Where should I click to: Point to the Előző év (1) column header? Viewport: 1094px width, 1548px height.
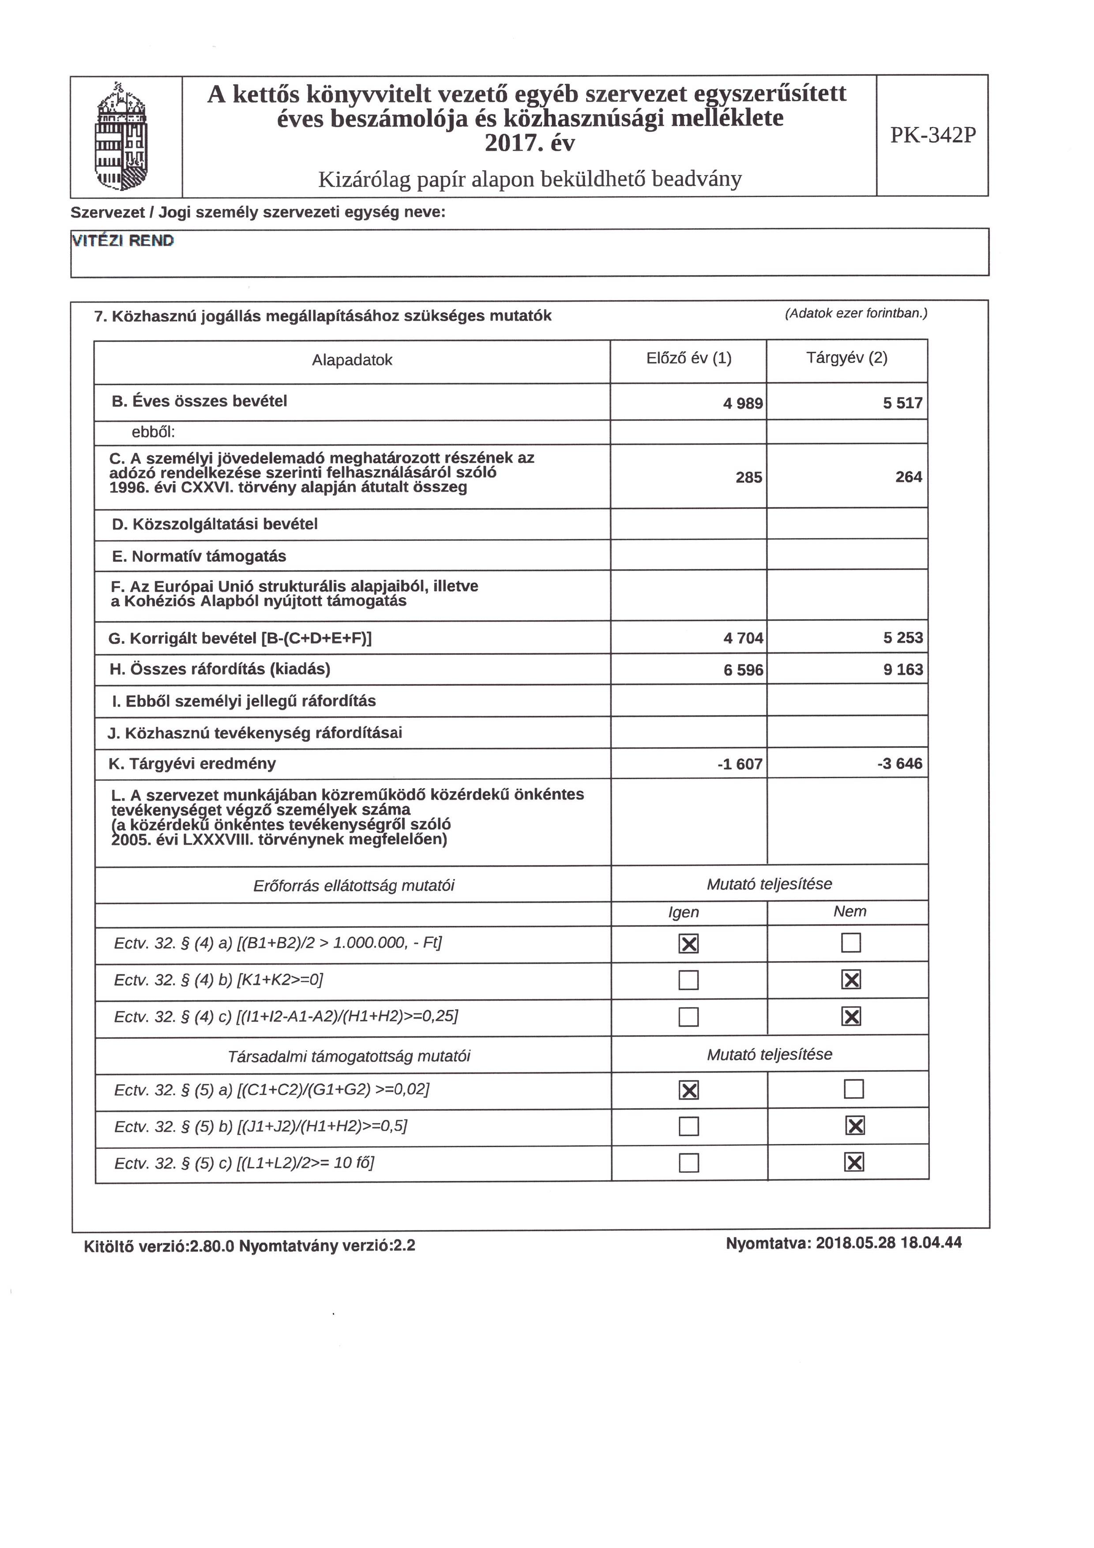tap(688, 358)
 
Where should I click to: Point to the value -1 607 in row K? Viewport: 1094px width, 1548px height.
tap(740, 764)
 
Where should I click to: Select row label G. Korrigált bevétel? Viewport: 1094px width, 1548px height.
tap(240, 638)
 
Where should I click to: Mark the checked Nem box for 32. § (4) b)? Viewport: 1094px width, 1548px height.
tap(851, 980)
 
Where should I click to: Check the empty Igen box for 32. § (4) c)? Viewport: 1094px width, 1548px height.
tap(688, 1017)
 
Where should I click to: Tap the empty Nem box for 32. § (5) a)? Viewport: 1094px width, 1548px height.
tap(853, 1089)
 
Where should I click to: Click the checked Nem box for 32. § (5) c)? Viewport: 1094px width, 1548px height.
tap(853, 1162)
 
